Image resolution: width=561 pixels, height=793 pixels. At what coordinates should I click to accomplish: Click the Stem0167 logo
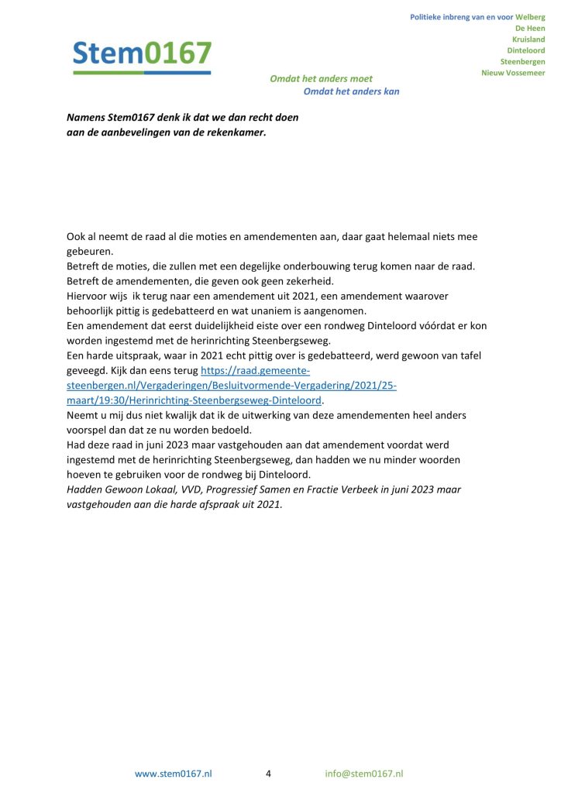pos(142,56)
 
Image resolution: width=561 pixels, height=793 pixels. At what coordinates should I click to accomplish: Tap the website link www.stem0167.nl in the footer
pos(174,774)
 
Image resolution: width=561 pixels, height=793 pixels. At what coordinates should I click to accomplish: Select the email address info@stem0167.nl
pos(364,774)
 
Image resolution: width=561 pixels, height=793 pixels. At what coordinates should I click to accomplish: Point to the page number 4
pos(268,774)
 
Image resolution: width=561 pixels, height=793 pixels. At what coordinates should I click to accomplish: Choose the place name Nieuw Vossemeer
pos(513,73)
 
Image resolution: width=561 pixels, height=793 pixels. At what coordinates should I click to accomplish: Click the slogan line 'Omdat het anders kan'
pos(351,91)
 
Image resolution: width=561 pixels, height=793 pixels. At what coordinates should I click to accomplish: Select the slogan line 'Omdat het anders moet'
pos(321,79)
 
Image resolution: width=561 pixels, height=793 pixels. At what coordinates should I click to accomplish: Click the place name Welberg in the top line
pos(530,17)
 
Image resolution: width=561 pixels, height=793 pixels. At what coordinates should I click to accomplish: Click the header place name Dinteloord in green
pos(525,50)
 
